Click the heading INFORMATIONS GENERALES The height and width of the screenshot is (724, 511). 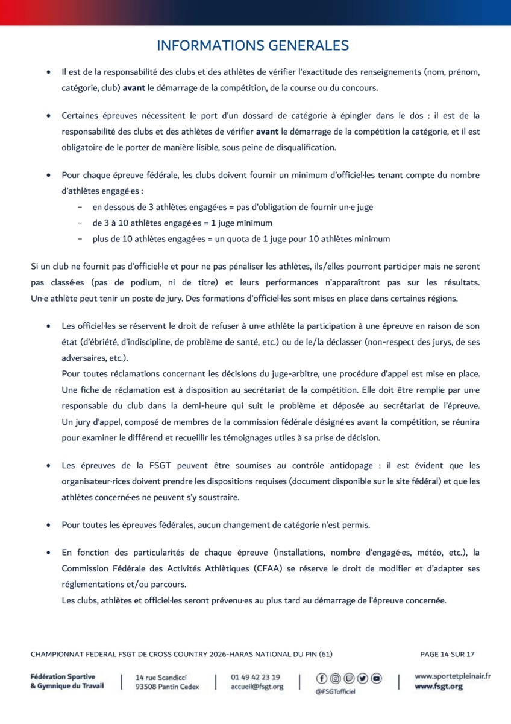tap(252, 46)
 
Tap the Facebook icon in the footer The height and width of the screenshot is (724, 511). tap(321, 679)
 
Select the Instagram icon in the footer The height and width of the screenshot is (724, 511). tap(335, 679)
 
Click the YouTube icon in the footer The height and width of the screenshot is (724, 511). tap(376, 679)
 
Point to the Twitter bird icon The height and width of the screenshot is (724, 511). tap(362, 679)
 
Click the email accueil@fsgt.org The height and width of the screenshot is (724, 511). tap(257, 687)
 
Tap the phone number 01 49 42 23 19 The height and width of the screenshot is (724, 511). tap(255, 677)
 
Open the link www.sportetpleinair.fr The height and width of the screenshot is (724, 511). tap(453, 676)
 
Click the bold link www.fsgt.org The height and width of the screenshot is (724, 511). tap(439, 687)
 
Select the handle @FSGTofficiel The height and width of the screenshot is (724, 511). tap(336, 691)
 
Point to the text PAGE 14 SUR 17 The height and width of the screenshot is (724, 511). tap(447, 654)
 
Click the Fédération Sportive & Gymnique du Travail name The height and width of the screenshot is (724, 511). tap(67, 681)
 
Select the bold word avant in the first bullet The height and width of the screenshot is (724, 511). tap(134, 88)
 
